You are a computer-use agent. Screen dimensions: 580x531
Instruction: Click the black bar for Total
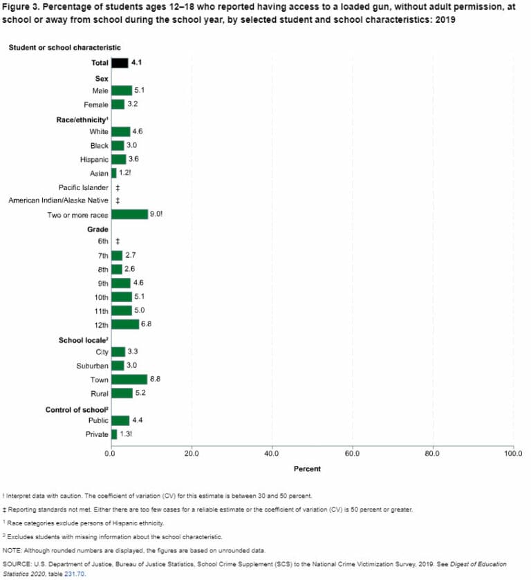tap(120, 63)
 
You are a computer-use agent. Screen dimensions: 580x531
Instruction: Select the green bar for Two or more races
tap(129, 214)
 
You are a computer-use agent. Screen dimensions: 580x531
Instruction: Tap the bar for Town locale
tap(129, 380)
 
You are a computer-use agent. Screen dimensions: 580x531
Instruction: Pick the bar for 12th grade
tap(124, 324)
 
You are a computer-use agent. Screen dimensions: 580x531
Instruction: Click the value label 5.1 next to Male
tap(139, 90)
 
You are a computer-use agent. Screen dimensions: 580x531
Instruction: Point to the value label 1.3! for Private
tap(127, 434)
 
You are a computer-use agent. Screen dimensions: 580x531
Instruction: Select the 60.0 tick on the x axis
tap(353, 454)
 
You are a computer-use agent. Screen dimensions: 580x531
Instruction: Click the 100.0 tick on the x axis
tap(513, 454)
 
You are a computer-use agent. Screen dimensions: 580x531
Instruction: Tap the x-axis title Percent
tap(307, 469)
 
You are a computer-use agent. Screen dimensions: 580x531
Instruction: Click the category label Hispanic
tap(94, 159)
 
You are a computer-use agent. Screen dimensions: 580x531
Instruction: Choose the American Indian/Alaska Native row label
tap(58, 200)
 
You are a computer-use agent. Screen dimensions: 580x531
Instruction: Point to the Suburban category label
tap(93, 366)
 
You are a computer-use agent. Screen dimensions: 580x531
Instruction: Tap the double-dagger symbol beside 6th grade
tap(118, 241)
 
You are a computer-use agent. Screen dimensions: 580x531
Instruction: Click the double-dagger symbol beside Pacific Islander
tap(118, 187)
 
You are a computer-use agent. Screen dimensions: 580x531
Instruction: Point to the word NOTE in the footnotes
tap(12, 550)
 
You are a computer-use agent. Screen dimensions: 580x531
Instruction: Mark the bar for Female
tap(118, 104)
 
